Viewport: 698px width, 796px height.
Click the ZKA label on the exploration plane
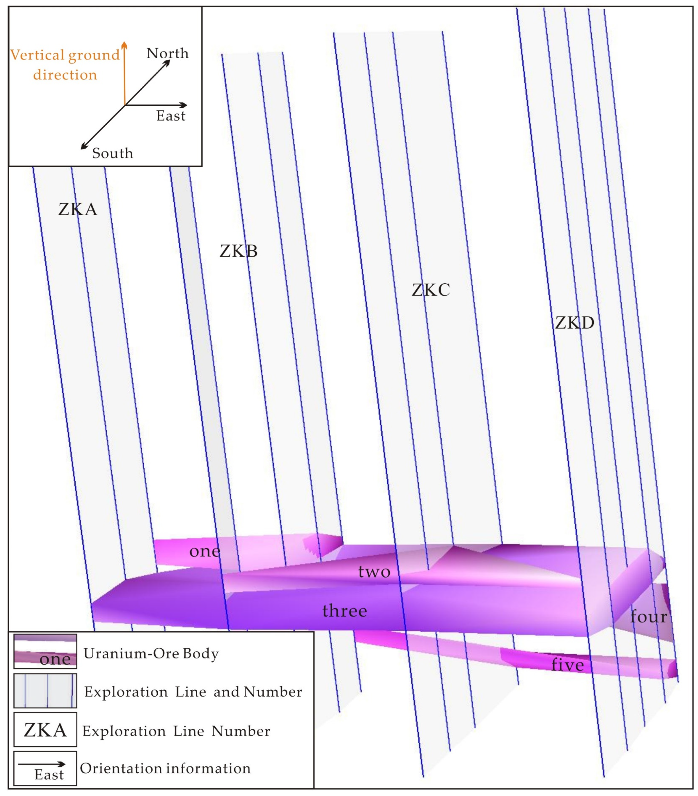(x=78, y=210)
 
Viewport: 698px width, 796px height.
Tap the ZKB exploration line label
(x=239, y=251)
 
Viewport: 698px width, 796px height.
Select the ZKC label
(x=431, y=290)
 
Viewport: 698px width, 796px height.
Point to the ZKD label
(x=575, y=323)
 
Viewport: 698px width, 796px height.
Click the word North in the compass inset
(x=167, y=53)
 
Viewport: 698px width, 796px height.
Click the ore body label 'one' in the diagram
(x=205, y=551)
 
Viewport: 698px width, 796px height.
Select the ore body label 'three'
(x=345, y=611)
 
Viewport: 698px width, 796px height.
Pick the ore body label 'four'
(x=649, y=617)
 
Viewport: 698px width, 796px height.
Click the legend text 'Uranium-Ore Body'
(x=151, y=653)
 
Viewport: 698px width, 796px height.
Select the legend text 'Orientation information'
(x=165, y=768)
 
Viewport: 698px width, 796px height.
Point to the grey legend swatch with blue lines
(x=45, y=691)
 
